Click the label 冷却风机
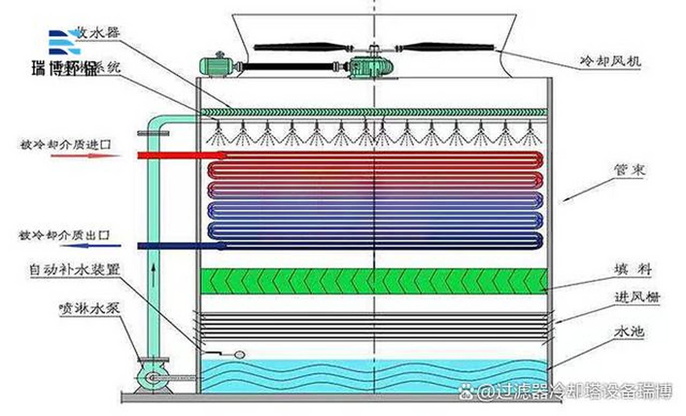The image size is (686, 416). (x=610, y=61)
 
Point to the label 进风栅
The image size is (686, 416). (x=637, y=297)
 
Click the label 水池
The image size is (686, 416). (x=629, y=332)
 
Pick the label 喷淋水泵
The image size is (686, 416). (x=89, y=308)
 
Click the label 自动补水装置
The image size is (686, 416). (x=75, y=270)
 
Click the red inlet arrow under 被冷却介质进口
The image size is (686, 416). (x=86, y=156)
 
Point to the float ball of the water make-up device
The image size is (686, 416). (x=239, y=355)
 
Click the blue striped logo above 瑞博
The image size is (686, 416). (x=64, y=42)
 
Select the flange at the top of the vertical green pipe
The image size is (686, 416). (x=153, y=133)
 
